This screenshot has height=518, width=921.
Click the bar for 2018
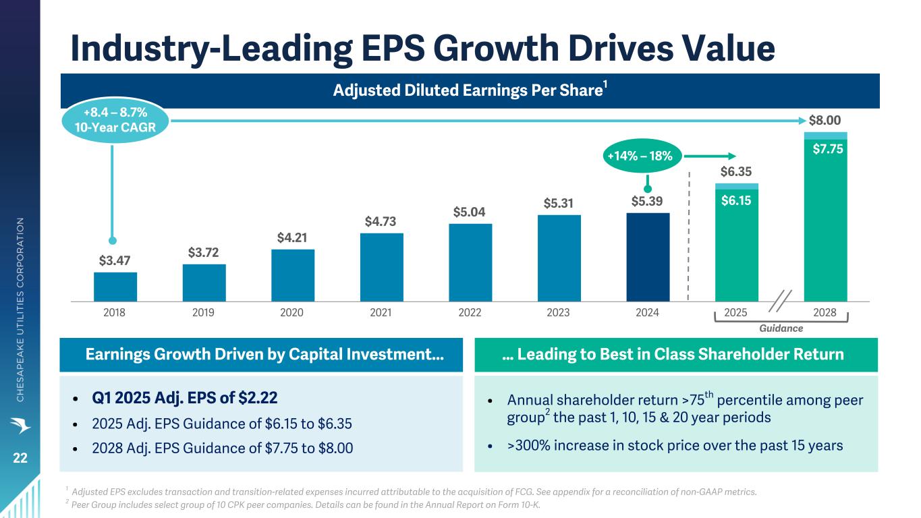(115, 287)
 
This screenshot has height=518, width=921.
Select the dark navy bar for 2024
(648, 257)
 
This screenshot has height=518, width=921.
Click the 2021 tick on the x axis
(381, 312)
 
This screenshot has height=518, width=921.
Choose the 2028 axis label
(825, 312)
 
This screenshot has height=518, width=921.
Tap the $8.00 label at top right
(825, 121)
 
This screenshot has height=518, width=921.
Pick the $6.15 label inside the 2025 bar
(736, 200)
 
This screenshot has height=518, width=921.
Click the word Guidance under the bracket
(781, 328)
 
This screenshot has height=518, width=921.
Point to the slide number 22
(20, 458)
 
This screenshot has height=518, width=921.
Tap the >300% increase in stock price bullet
(675, 446)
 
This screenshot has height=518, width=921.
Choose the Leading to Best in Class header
(675, 355)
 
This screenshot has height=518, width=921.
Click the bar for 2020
(293, 275)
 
